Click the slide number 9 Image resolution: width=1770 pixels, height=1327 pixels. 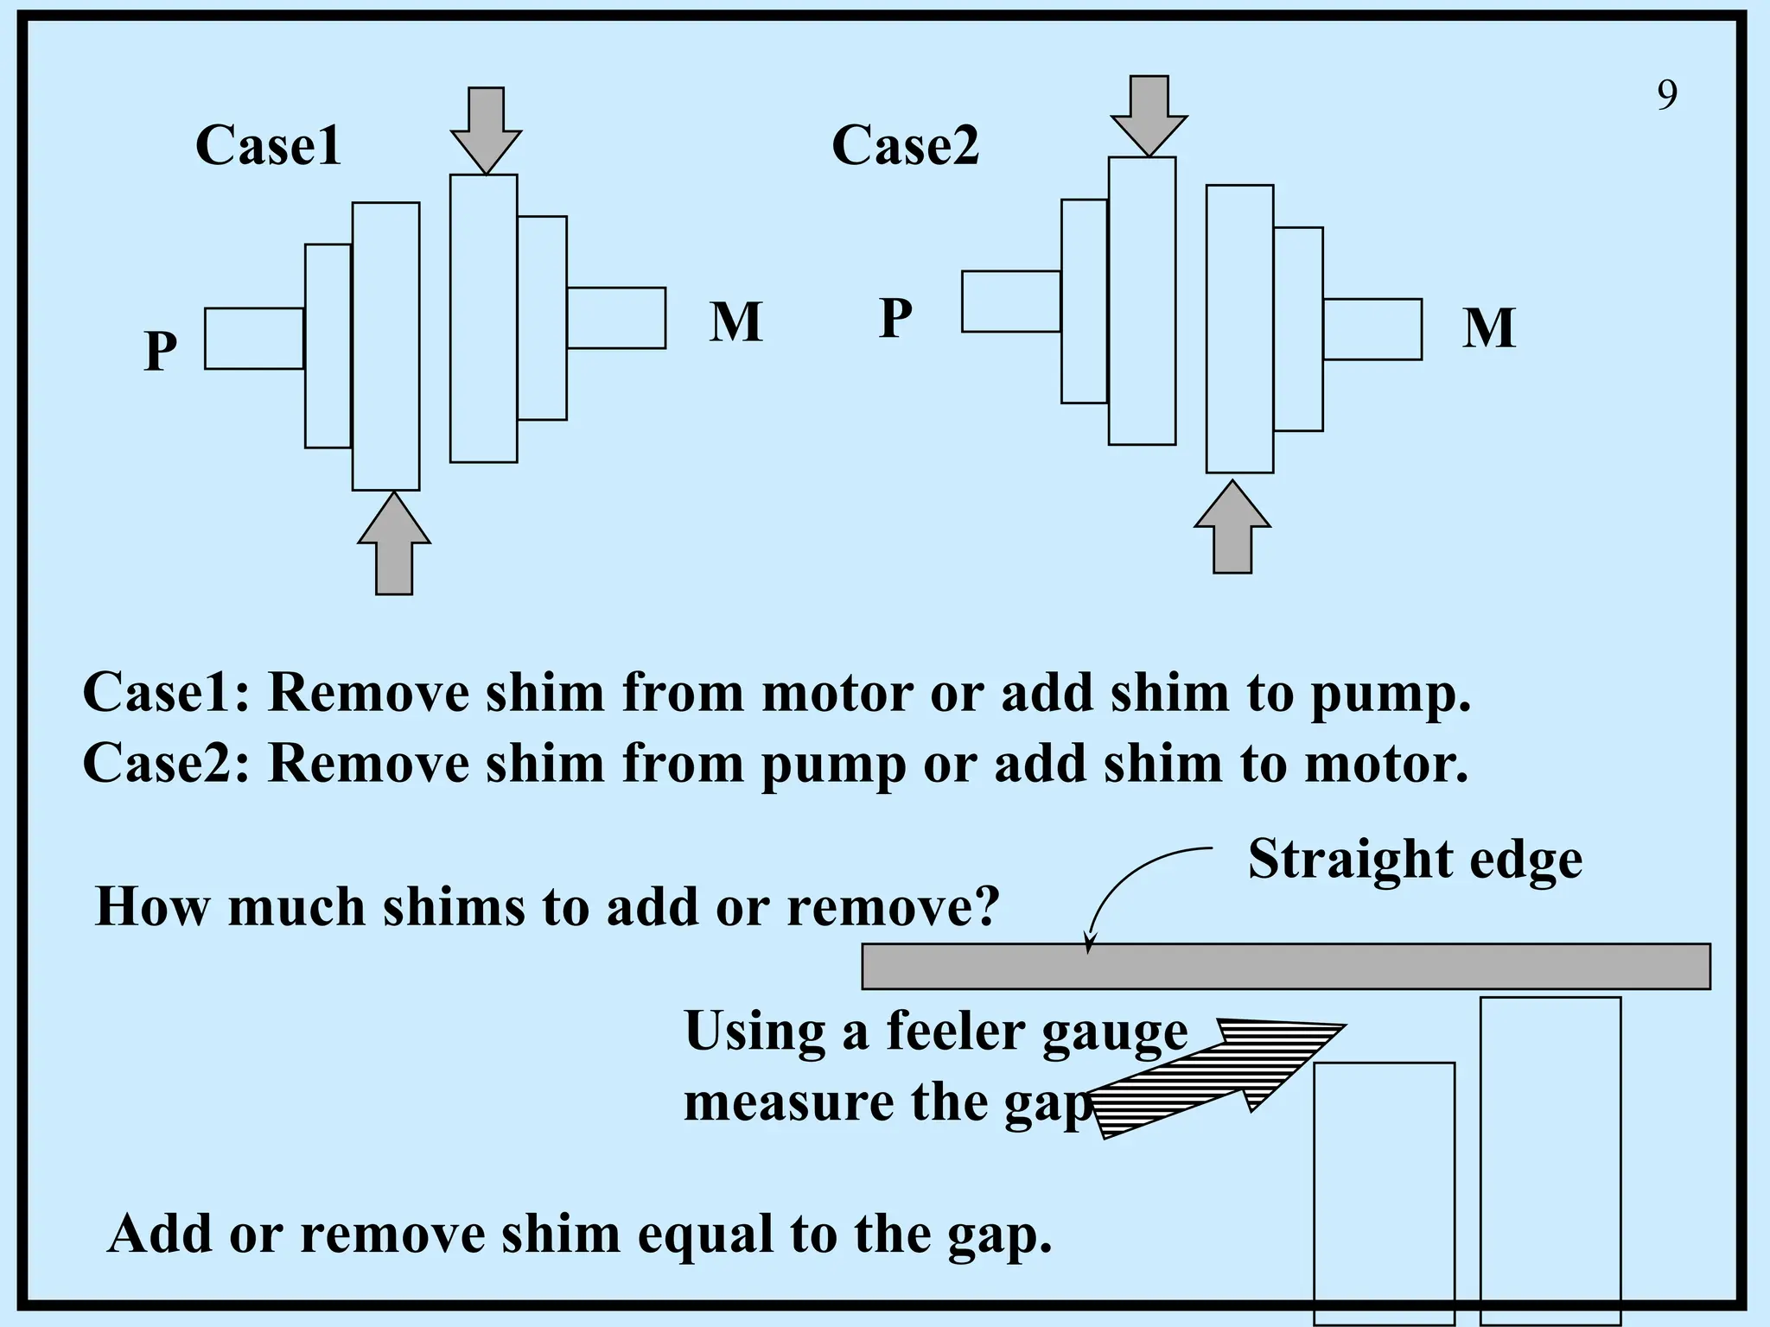tap(1667, 95)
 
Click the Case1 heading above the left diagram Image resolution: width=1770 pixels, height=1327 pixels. tap(268, 145)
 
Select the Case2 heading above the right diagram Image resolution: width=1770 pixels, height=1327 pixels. tap(905, 145)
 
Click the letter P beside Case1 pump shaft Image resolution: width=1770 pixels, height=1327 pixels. tap(161, 351)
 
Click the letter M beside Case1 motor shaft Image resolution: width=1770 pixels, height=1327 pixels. tap(735, 322)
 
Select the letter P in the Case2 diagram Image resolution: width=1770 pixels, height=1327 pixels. tap(895, 318)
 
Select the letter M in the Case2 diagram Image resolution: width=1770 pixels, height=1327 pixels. tap(1488, 328)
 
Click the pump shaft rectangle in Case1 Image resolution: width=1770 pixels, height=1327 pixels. tap(254, 339)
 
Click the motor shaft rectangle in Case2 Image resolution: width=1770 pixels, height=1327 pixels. tap(1372, 329)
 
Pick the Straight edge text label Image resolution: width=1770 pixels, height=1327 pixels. tap(1415, 860)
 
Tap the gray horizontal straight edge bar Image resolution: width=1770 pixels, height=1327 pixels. tap(1285, 966)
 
